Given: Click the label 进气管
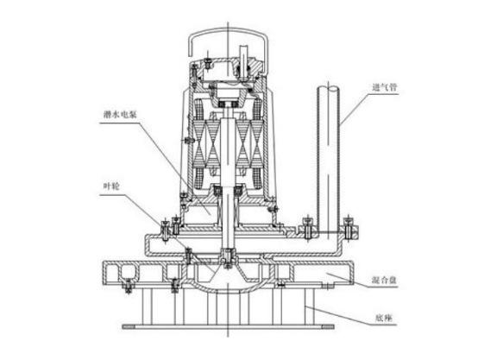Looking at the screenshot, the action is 385,88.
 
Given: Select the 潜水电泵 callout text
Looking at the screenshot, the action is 120,115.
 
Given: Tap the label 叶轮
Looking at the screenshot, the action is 111,186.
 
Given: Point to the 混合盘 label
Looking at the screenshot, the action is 385,280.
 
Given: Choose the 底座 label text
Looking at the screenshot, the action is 383,319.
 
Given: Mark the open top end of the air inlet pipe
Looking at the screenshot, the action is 328,89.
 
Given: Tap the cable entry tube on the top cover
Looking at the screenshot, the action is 244,62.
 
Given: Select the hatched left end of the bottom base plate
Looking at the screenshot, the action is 129,327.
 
